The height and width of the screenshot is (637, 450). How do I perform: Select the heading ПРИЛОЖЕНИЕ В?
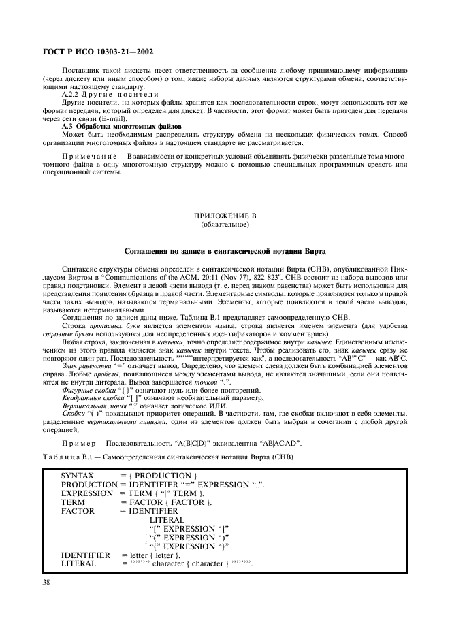[225, 216]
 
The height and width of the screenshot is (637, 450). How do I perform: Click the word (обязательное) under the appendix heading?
[225, 223]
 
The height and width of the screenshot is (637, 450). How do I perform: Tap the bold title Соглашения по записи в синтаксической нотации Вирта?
[225, 252]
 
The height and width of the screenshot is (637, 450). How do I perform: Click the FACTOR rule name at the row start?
[77, 510]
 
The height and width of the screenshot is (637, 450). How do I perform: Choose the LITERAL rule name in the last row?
[79, 565]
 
